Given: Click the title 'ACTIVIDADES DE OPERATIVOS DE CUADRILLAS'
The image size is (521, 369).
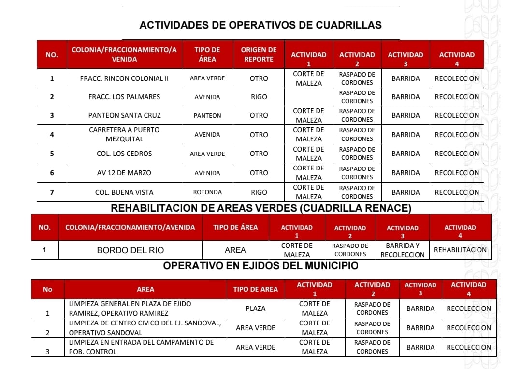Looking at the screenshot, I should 260,25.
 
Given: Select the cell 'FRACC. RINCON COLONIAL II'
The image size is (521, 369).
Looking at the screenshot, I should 124,78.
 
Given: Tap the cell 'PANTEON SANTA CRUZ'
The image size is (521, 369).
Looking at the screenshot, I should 124,115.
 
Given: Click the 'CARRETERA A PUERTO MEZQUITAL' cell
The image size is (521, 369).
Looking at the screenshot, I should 124,135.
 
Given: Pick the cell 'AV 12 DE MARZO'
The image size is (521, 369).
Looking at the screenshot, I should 124,173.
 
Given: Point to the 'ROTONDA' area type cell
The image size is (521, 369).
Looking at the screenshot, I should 207,192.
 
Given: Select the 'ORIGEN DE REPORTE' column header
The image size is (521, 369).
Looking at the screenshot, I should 259,54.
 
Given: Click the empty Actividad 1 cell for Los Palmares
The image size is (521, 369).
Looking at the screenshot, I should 309,97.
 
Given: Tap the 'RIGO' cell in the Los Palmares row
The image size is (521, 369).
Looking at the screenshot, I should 259,97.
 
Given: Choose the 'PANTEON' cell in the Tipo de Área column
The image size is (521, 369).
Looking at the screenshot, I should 207,116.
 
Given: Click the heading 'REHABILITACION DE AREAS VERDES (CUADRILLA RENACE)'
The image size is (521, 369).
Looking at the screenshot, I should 261,208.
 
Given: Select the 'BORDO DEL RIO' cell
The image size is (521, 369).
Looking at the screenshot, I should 130,250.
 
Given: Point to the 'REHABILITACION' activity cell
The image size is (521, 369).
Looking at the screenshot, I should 460,250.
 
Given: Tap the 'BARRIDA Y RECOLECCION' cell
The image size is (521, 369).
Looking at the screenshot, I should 403,250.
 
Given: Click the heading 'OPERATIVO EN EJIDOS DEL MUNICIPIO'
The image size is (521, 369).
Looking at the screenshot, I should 260,266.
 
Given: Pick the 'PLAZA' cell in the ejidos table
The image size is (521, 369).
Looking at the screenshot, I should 256,308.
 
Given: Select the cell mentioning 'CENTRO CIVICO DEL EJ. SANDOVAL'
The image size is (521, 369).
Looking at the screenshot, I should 145,328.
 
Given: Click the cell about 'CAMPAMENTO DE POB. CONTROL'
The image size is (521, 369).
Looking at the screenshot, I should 145,347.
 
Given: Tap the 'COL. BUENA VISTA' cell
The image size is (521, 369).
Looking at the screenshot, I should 124,192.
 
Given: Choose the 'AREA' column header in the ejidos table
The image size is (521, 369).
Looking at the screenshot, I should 145,289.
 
